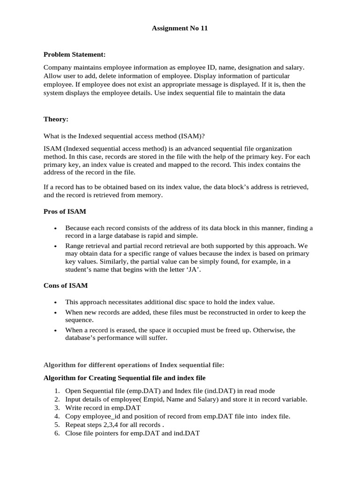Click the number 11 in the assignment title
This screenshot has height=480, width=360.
(x=203, y=28)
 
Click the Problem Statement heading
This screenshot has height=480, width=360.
(x=75, y=55)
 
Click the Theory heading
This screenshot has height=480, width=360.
(x=56, y=119)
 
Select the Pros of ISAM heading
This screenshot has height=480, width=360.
(x=65, y=211)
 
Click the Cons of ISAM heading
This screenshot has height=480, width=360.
(x=66, y=285)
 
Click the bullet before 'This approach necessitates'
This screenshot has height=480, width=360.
(x=56, y=302)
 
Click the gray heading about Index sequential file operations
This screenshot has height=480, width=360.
(x=134, y=365)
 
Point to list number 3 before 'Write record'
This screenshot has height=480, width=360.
(x=56, y=408)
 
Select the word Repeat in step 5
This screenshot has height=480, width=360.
(x=75, y=425)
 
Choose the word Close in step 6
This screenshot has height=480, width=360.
(x=74, y=433)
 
